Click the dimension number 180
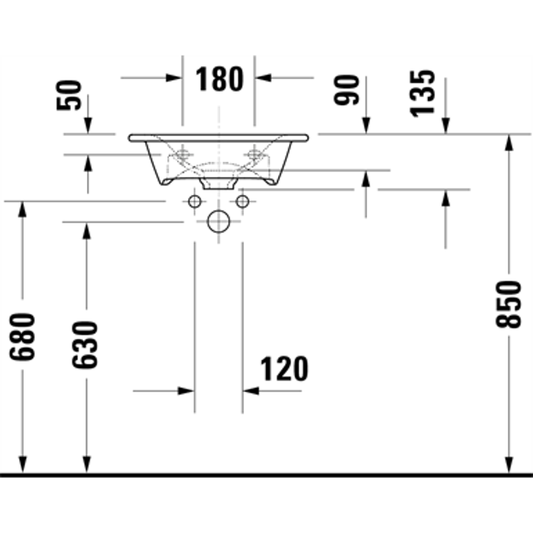[x=219, y=79]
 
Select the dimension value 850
[x=509, y=303]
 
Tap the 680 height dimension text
[x=23, y=336]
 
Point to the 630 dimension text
[x=85, y=344]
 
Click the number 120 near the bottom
[x=284, y=369]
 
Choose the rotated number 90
[x=347, y=90]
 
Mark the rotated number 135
[x=423, y=92]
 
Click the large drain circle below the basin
[x=219, y=222]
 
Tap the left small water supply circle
[x=195, y=201]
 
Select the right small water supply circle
[x=242, y=201]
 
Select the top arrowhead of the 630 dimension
[x=87, y=230]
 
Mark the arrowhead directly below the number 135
[x=446, y=125]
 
